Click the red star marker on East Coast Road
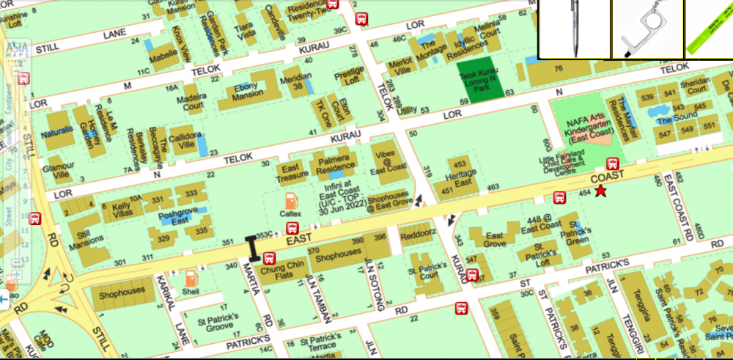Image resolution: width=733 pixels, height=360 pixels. [601, 191]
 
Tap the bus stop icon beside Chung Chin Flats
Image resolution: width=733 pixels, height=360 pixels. [269, 258]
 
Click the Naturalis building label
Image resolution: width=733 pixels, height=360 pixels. [57, 134]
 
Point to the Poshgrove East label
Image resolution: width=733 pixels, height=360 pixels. [180, 213]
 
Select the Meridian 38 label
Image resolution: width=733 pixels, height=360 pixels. [296, 81]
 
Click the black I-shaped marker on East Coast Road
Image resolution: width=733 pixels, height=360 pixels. [254, 249]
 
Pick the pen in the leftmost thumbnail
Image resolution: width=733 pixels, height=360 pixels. [575, 28]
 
